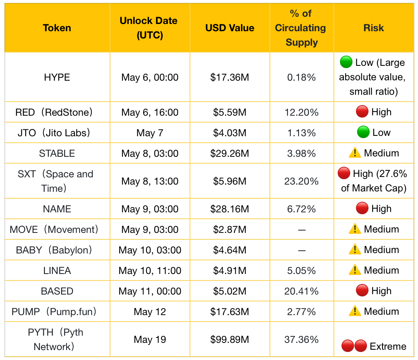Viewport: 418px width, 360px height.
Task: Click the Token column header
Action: click(57, 28)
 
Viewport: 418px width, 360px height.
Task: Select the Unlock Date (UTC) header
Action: click(149, 28)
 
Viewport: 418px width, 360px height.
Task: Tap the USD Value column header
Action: click(230, 28)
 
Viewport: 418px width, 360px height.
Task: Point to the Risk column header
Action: click(374, 28)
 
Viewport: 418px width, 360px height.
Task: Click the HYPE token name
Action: click(57, 77)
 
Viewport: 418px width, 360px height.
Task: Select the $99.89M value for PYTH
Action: click(230, 339)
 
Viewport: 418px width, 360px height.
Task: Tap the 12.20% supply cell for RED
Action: click(302, 112)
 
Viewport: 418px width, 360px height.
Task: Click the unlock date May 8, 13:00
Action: click(150, 181)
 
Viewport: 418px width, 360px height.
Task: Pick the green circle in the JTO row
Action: click(363, 132)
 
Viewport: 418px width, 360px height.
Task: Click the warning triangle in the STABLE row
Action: click(355, 153)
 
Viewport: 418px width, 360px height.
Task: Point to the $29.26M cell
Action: click(230, 153)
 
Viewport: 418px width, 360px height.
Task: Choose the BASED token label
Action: click(57, 291)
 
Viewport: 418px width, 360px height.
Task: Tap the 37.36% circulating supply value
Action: click(302, 339)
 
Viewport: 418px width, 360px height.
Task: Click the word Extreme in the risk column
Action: click(388, 346)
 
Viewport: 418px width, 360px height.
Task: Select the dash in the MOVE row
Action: click(302, 230)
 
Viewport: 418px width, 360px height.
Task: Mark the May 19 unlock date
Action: click(150, 339)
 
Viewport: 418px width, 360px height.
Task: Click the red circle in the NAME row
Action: click(362, 208)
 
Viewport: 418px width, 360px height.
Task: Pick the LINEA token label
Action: click(57, 271)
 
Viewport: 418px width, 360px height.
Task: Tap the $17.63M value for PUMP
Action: click(230, 312)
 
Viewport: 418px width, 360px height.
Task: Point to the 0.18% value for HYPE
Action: click(302, 78)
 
